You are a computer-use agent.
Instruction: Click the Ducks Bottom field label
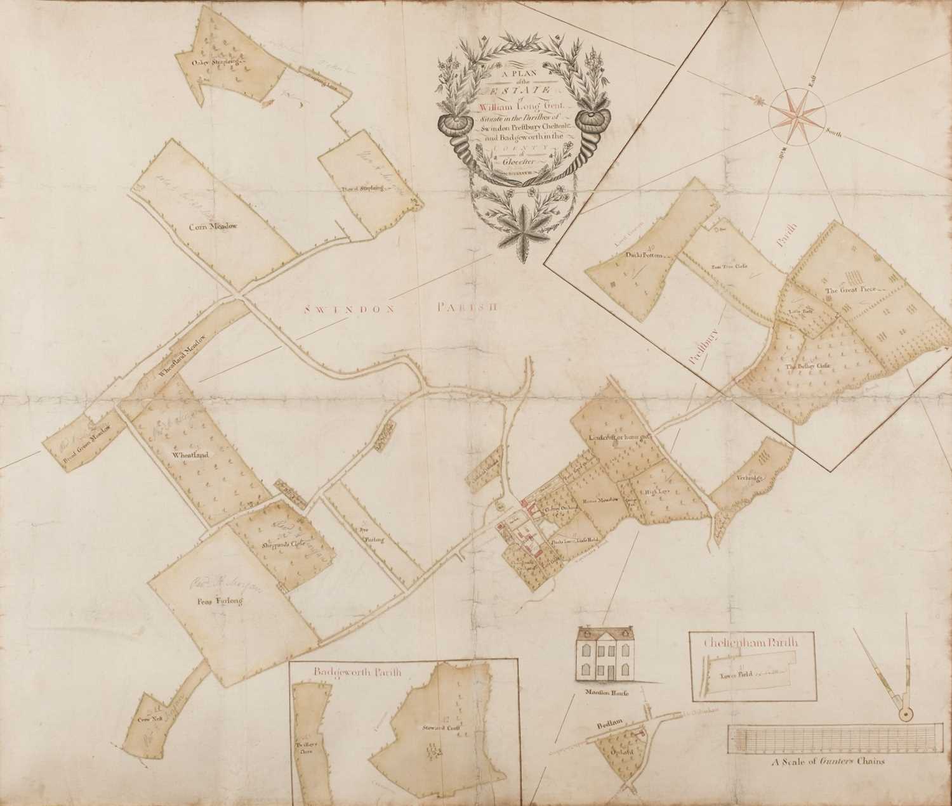click(644, 255)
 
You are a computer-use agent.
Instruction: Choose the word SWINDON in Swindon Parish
click(334, 309)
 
